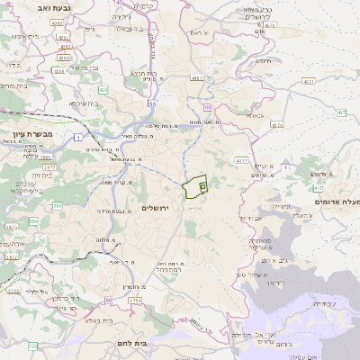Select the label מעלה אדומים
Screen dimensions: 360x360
coord(335,202)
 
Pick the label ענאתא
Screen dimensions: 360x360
coord(255,115)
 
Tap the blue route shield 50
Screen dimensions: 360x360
coord(153,105)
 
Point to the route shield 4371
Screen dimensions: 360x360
coord(309,82)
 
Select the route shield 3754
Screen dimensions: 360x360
coord(134,300)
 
